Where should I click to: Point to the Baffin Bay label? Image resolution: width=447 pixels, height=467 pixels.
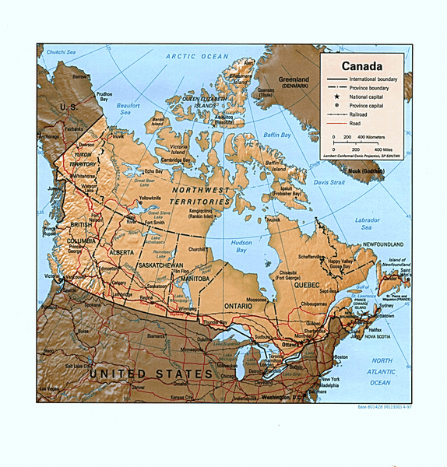[x=276, y=135]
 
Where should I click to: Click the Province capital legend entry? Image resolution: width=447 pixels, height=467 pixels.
[x=367, y=105]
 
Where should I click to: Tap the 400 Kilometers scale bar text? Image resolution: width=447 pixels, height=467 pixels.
[x=368, y=136]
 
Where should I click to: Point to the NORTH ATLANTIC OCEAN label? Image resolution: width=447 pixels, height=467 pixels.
[x=382, y=371]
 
